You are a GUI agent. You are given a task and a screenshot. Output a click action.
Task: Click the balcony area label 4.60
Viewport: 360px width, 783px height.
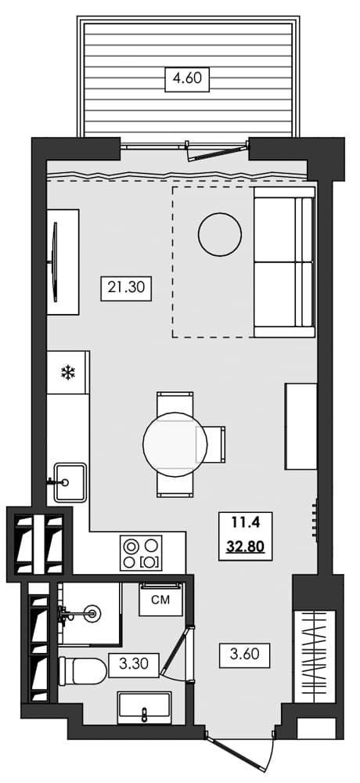click(x=187, y=79)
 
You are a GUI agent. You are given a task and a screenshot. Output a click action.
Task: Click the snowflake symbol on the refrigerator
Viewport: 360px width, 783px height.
click(x=68, y=373)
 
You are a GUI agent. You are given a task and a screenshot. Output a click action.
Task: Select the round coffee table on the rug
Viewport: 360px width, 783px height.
click(x=220, y=233)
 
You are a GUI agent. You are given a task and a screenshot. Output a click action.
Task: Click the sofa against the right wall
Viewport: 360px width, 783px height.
click(x=283, y=265)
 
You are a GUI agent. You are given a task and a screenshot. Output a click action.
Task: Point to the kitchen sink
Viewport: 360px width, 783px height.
click(x=70, y=480)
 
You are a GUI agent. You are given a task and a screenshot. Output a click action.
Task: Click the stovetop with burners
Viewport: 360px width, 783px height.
click(x=141, y=553)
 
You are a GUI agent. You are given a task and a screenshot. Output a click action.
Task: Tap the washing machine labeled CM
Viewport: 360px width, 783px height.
click(x=161, y=601)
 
